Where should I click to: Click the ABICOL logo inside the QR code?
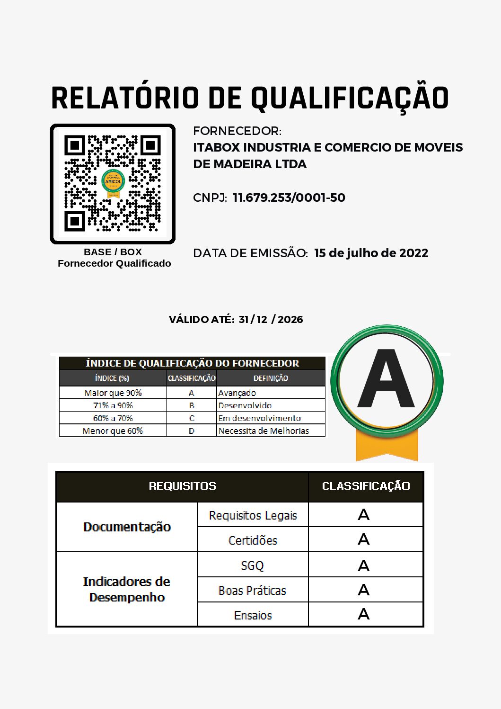113,182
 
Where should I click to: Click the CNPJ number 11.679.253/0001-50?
289,197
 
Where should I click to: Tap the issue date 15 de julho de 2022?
371,253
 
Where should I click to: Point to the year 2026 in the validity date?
290,319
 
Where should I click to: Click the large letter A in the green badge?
386,379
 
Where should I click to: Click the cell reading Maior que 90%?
113,393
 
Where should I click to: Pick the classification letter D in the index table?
191,431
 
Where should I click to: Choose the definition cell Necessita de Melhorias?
264,431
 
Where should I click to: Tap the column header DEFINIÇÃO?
271,378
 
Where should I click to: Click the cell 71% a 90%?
113,405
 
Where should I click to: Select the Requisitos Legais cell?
253,515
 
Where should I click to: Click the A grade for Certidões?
363,539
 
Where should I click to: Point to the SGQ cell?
252,565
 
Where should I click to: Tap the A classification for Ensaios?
363,614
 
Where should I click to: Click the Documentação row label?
127,527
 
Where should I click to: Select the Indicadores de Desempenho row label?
127,589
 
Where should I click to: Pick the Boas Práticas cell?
252,590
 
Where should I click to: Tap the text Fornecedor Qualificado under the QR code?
114,263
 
